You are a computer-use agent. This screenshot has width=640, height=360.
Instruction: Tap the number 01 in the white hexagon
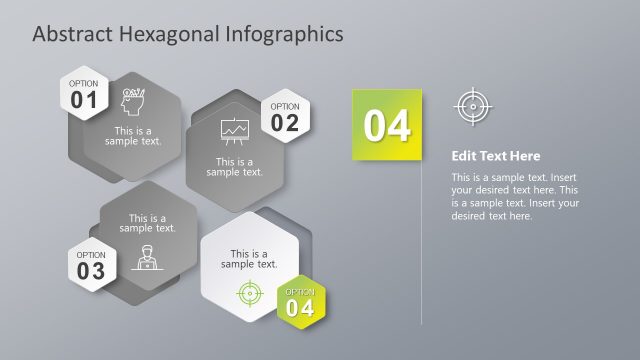pyautogui.click(x=84, y=99)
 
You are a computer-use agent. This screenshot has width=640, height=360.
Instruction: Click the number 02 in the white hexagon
pyautogui.click(x=285, y=122)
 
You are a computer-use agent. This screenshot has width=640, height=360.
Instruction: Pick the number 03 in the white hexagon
pyautogui.click(x=90, y=270)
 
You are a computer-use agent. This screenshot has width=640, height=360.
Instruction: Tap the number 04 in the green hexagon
pyautogui.click(x=300, y=308)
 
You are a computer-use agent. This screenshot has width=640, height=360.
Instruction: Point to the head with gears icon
pyautogui.click(x=134, y=102)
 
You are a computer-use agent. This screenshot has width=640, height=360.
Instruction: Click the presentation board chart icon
pyautogui.click(x=234, y=131)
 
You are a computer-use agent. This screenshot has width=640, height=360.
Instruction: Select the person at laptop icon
pyautogui.click(x=147, y=256)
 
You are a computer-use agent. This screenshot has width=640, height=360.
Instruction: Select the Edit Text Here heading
pyautogui.click(x=495, y=156)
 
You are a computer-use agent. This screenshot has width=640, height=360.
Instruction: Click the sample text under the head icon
pyautogui.click(x=134, y=136)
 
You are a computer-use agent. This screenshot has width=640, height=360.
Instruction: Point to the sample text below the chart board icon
pyautogui.click(x=235, y=166)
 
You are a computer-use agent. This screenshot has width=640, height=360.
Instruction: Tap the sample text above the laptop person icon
pyautogui.click(x=148, y=223)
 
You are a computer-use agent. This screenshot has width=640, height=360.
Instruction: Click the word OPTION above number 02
pyautogui.click(x=285, y=106)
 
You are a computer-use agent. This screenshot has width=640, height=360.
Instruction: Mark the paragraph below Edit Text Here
pyautogui.click(x=515, y=196)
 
